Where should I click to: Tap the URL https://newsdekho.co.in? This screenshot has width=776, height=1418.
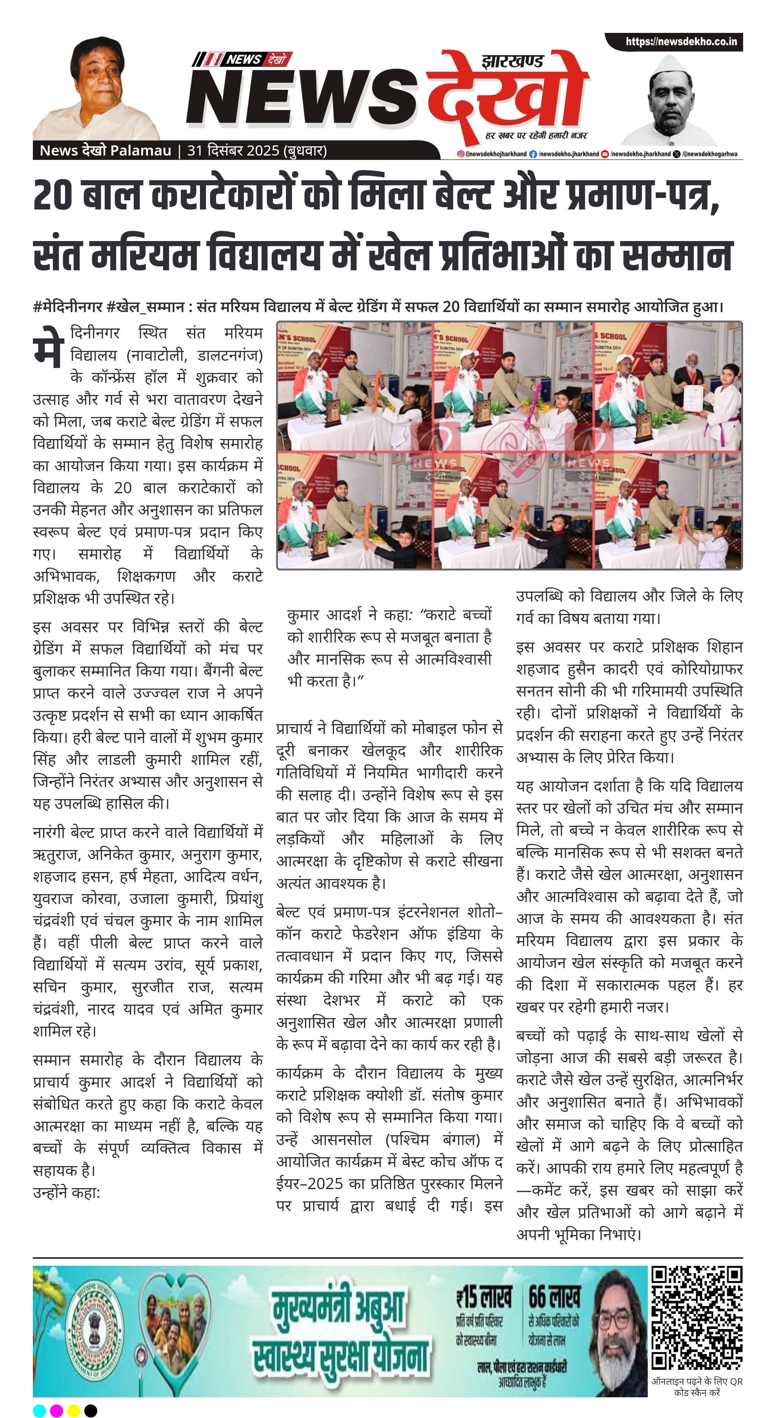coord(681,42)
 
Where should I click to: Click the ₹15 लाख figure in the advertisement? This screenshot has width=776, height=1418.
coord(483,1298)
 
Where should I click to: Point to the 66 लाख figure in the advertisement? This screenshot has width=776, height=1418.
coord(554,1298)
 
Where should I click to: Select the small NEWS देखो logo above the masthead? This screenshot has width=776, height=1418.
coord(242,59)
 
